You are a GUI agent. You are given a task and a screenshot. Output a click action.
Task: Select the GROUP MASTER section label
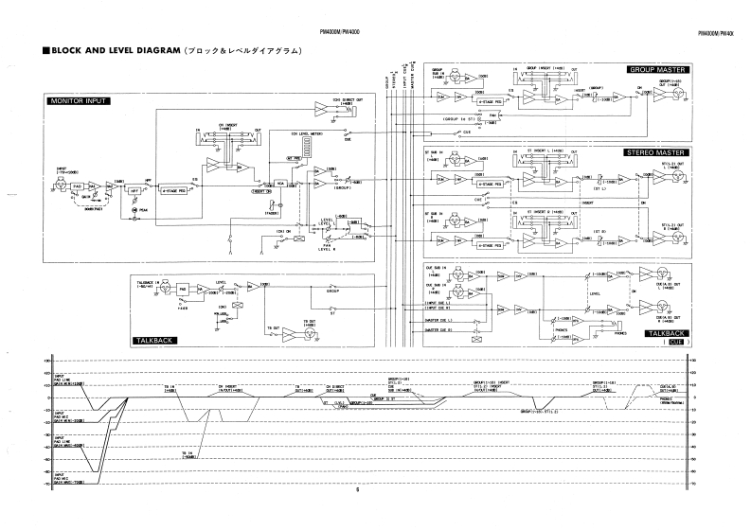(x=656, y=70)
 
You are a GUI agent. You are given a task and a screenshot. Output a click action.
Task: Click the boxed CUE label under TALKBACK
(x=675, y=342)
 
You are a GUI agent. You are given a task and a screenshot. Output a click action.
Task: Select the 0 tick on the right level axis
(x=695, y=397)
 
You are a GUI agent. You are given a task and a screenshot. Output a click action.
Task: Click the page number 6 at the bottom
(x=359, y=490)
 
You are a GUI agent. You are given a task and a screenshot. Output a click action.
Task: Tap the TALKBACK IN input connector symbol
(x=162, y=285)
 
